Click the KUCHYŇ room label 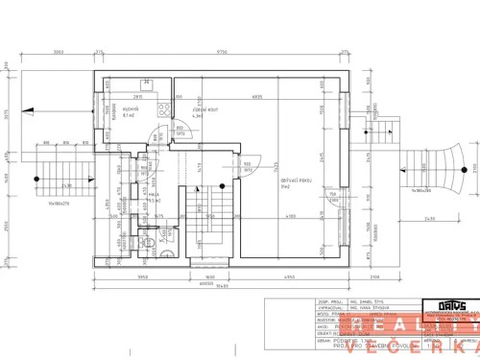(x=128, y=110)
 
